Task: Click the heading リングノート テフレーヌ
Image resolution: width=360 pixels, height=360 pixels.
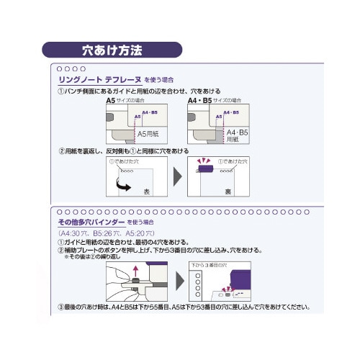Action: click(96, 79)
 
